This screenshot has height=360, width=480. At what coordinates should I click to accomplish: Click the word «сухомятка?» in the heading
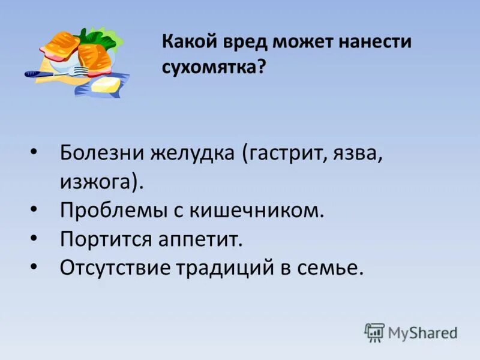point(214,67)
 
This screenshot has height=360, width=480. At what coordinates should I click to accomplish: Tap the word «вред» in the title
point(241,43)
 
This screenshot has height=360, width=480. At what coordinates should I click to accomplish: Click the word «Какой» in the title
point(186,43)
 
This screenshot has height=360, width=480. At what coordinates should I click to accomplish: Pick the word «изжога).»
point(102,181)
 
